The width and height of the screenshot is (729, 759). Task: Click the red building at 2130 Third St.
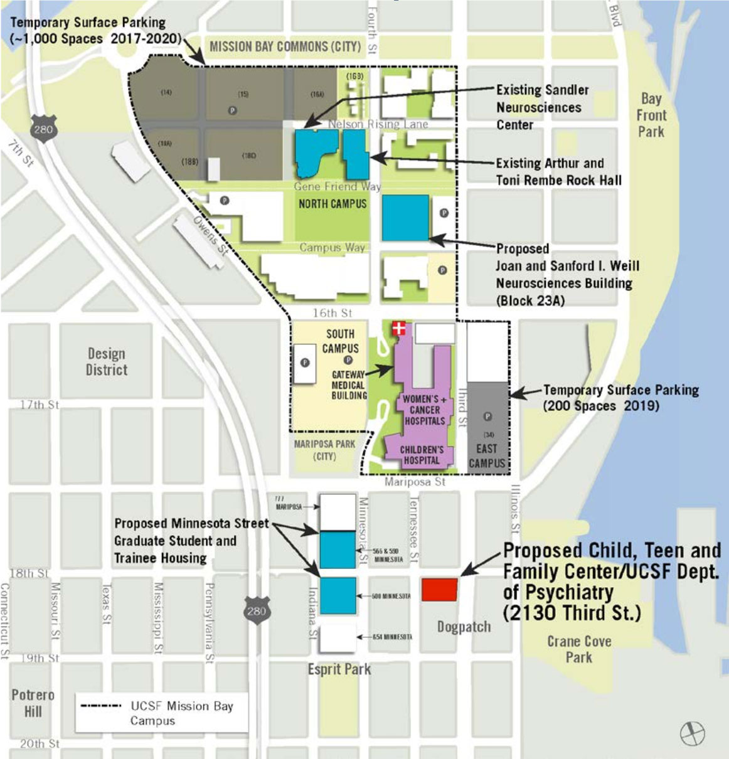pos(439,590)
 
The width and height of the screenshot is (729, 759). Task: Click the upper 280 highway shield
pos(43,129)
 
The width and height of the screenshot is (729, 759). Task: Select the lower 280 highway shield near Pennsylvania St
pos(256,609)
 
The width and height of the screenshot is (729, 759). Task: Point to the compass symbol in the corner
pos(692,733)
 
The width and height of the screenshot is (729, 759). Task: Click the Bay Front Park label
pos(651,115)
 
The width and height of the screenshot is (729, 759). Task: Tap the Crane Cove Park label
pos(578,649)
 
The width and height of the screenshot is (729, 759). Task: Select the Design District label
pos(106,362)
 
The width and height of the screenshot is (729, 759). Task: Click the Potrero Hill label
pos(33,703)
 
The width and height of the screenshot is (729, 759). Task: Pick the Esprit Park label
pos(339,669)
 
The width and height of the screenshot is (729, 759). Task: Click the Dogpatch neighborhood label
pos(464,627)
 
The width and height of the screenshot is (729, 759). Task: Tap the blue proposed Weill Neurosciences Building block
pos(405,218)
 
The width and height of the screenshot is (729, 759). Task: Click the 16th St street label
pos(333,312)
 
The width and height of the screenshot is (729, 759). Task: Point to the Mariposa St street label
pos(415,482)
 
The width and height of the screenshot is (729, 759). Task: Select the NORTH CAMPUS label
pos(333,204)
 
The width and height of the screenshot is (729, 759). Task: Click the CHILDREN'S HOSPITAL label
pos(422,455)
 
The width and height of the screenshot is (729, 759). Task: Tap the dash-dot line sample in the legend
pos(100,706)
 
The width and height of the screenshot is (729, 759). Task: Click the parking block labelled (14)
pos(166,92)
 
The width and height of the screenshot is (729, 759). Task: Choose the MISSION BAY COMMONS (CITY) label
pos(285,46)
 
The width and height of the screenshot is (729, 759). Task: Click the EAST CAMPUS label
pos(486,456)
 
